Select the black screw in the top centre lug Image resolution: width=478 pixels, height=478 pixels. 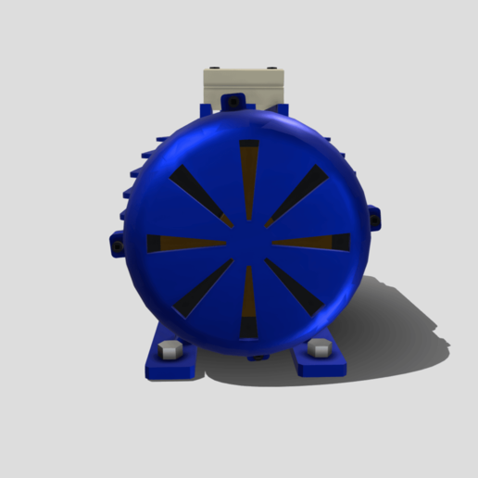[235, 99]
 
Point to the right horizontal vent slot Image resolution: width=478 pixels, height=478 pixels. [315, 243]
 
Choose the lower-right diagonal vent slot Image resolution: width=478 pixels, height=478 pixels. [296, 289]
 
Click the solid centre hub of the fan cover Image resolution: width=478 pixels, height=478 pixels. [247, 243]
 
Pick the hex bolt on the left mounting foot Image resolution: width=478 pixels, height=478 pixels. [169, 350]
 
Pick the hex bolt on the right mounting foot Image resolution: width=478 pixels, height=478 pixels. [321, 349]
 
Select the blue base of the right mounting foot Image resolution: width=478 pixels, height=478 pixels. [321, 364]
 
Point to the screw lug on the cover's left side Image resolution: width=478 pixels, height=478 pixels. [117, 245]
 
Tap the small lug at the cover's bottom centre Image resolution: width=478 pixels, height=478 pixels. [258, 356]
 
